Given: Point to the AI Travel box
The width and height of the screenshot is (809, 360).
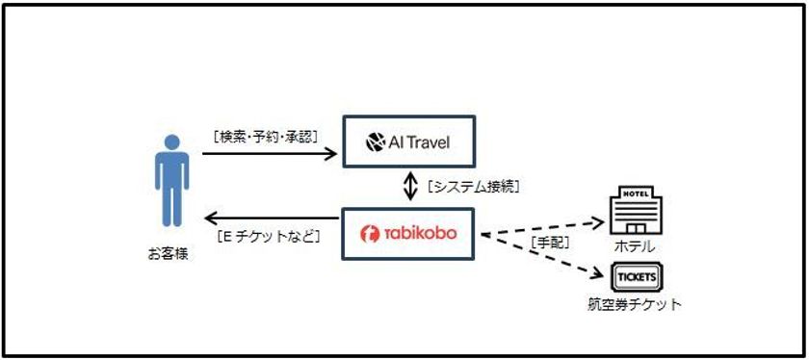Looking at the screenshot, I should coord(409,145).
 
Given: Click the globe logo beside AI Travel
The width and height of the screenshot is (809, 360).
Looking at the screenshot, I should coord(376,145).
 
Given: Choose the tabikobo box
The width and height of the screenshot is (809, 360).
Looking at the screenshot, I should coord(409,234).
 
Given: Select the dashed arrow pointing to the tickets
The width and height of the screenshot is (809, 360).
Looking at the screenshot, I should coord(544,256).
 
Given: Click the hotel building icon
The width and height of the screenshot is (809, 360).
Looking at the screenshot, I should coord(634,206).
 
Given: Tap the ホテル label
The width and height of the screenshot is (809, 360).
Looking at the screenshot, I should coord(634,245).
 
